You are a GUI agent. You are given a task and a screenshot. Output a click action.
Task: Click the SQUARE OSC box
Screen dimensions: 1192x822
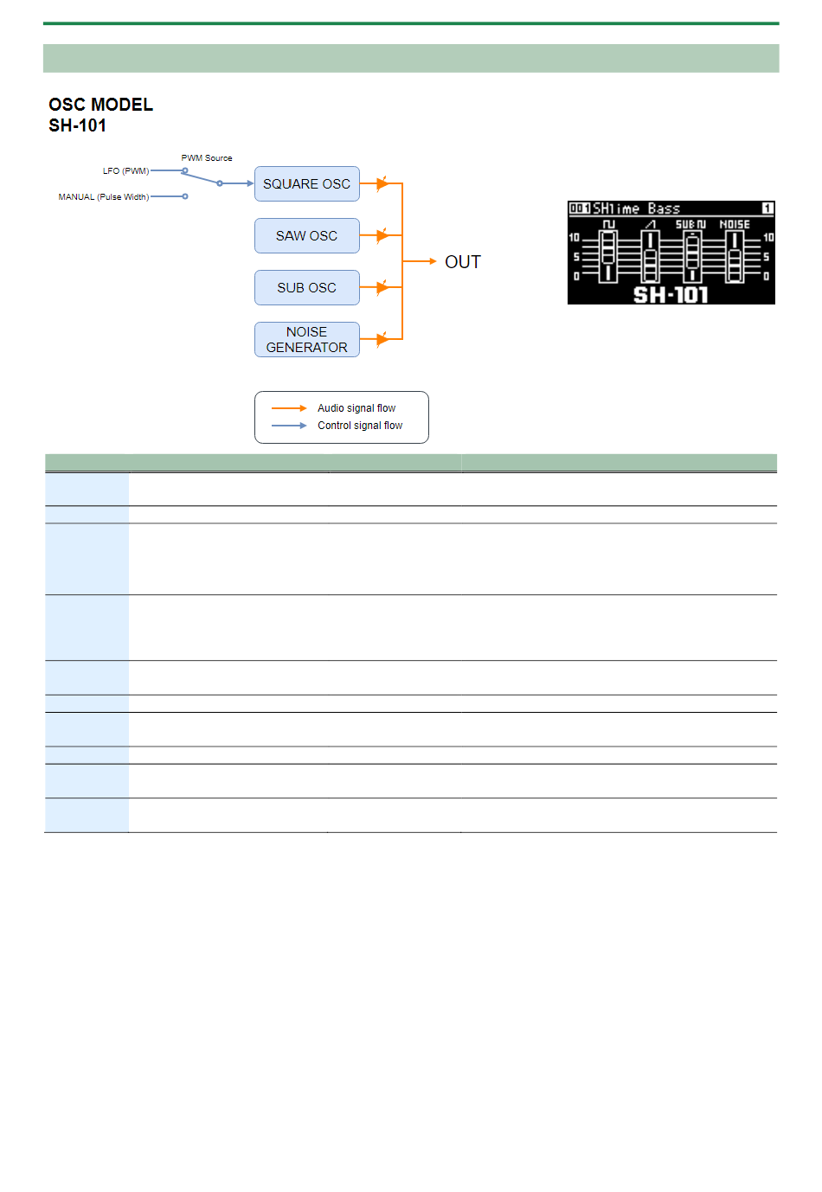pyautogui.click(x=306, y=183)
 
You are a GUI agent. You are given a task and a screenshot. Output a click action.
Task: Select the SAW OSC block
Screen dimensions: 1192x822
pyautogui.click(x=306, y=235)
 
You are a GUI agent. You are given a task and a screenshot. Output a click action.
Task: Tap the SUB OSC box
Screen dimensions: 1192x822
pyautogui.click(x=306, y=287)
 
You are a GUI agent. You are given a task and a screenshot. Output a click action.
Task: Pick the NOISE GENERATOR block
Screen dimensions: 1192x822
pyautogui.click(x=306, y=339)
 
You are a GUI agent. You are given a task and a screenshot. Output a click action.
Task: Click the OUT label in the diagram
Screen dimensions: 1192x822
pyautogui.click(x=463, y=262)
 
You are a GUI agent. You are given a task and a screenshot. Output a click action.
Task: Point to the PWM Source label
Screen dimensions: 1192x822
pyautogui.click(x=207, y=158)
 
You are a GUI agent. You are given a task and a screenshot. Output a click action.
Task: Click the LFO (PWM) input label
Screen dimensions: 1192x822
pyautogui.click(x=125, y=171)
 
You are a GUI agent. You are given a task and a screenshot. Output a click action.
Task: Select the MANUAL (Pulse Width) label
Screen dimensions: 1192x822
pyautogui.click(x=103, y=197)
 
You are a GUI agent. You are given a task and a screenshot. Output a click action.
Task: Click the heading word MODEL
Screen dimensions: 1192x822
pyautogui.click(x=122, y=105)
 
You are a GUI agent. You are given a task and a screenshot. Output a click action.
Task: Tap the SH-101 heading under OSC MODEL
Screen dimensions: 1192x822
pyautogui.click(x=77, y=125)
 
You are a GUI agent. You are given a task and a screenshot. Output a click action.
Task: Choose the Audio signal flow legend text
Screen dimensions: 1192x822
pyautogui.click(x=356, y=408)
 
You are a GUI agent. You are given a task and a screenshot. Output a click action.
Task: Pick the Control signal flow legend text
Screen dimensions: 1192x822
pyautogui.click(x=360, y=426)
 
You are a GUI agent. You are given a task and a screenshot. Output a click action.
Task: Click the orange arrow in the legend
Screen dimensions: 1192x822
pyautogui.click(x=289, y=408)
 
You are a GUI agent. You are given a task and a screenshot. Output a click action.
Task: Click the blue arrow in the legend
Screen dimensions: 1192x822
pyautogui.click(x=289, y=426)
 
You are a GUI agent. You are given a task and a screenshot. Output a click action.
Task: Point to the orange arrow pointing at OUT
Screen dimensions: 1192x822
pyautogui.click(x=421, y=261)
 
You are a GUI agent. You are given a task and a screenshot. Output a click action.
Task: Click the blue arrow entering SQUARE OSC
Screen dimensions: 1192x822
pyautogui.click(x=237, y=183)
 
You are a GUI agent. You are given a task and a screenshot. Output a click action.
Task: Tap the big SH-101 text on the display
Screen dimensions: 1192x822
pyautogui.click(x=671, y=295)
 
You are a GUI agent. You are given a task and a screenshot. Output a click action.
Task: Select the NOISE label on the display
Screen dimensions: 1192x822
pyautogui.click(x=735, y=224)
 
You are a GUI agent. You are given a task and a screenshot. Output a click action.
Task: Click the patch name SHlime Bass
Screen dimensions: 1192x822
pyautogui.click(x=636, y=208)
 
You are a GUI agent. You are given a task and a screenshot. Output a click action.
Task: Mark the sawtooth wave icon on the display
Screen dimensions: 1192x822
pyautogui.click(x=651, y=224)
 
